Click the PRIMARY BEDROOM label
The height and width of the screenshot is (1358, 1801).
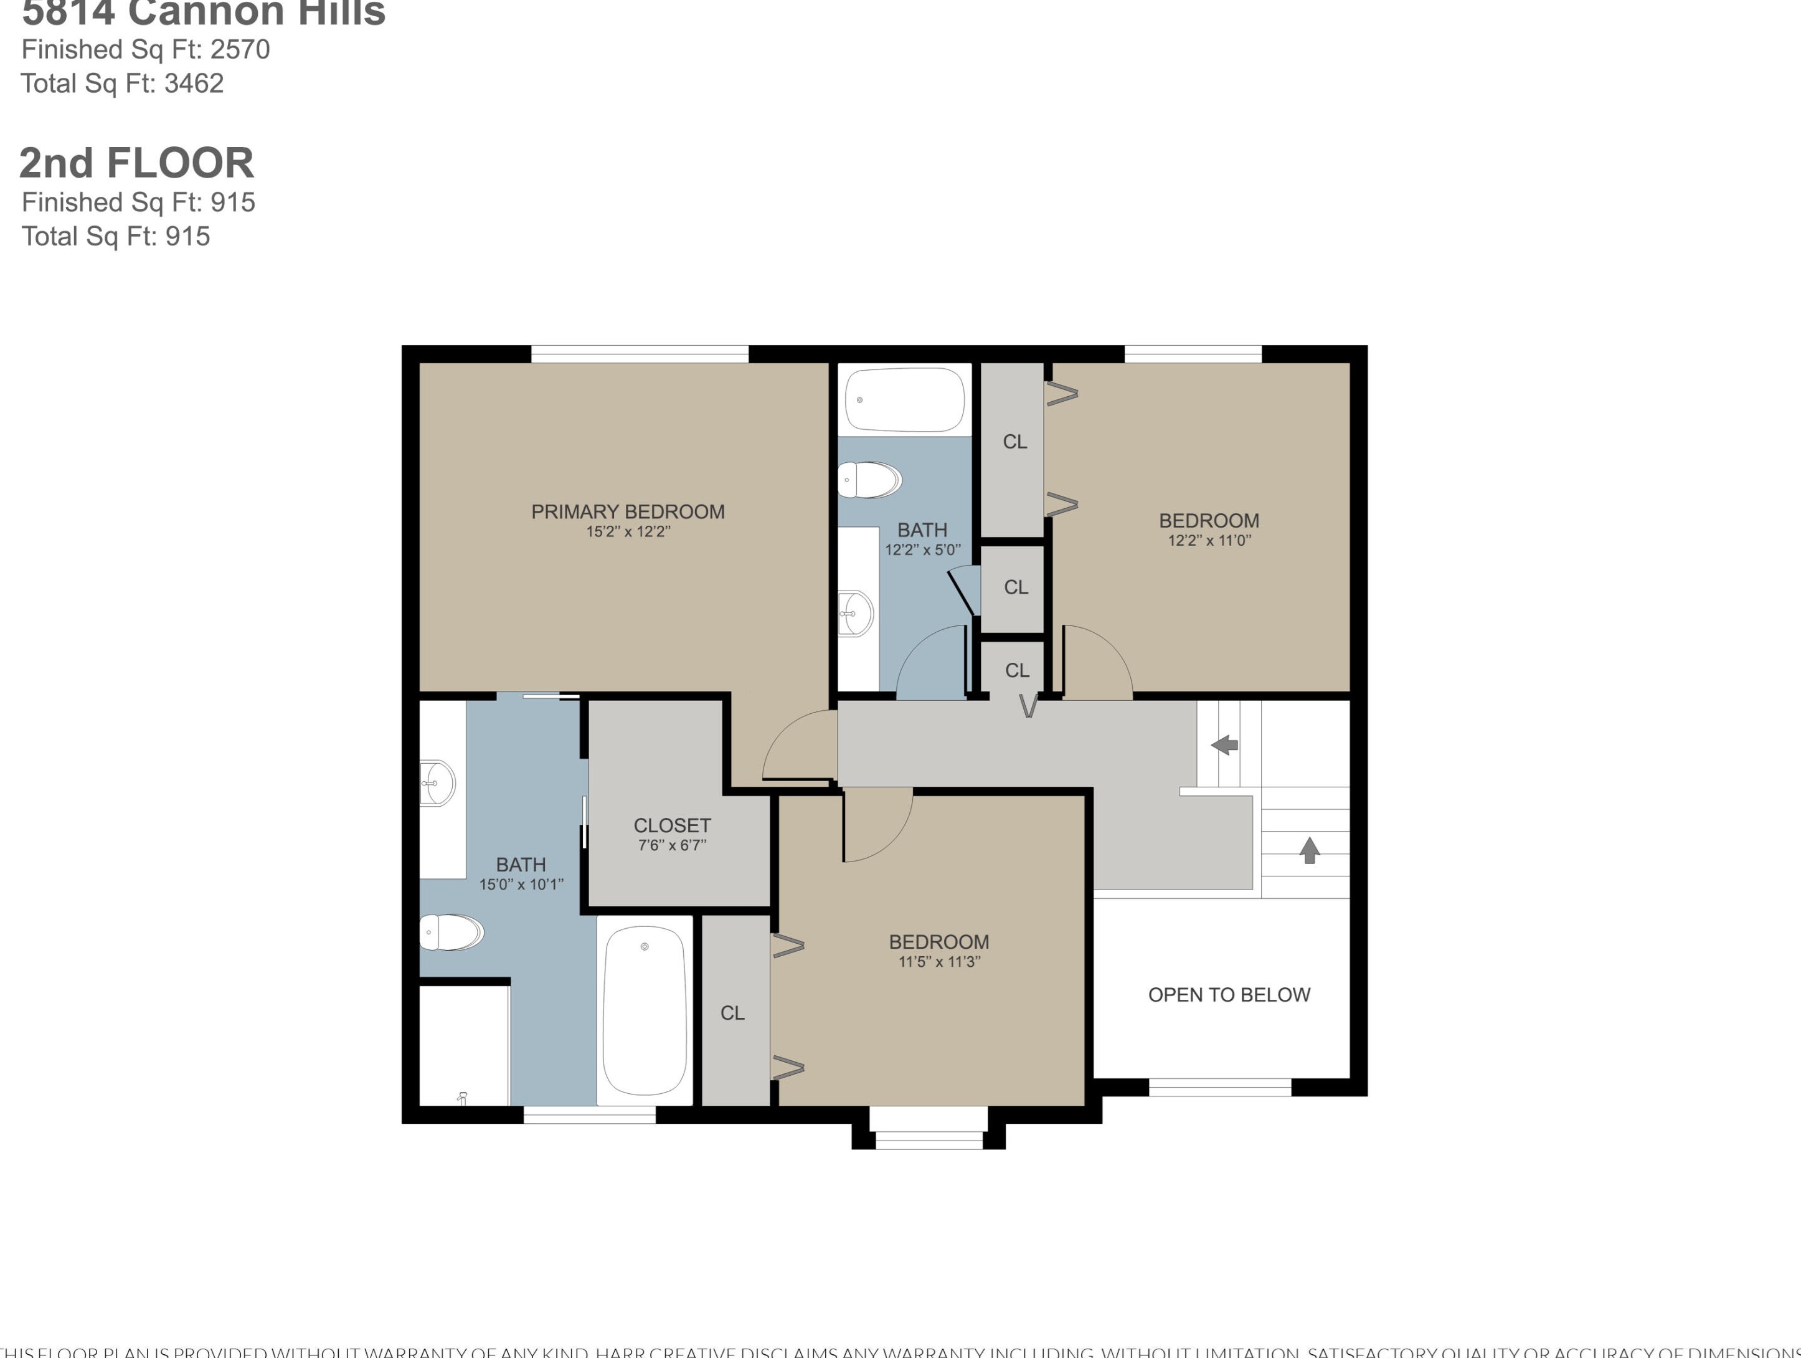pos(627,511)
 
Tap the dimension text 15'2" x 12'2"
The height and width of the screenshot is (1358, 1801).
pos(627,532)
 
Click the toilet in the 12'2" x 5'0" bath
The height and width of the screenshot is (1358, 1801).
pos(869,480)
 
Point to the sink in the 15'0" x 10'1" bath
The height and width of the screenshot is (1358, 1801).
pos(437,783)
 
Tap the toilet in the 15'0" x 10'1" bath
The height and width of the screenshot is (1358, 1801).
pos(451,932)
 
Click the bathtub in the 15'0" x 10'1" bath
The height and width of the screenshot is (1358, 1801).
pos(644,1010)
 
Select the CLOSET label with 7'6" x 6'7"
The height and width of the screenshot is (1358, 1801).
pos(672,825)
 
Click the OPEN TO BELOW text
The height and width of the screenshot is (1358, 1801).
pos(1229,995)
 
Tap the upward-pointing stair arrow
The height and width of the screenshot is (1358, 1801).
pos(1308,850)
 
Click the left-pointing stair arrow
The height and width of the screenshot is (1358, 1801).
pos(1224,744)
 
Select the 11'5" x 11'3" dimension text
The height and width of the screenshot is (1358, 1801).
pos(938,962)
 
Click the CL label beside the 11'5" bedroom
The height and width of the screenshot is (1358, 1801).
pos(732,1013)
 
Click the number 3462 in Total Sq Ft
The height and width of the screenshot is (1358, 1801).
pos(194,83)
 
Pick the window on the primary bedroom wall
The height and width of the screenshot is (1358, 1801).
pos(639,354)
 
